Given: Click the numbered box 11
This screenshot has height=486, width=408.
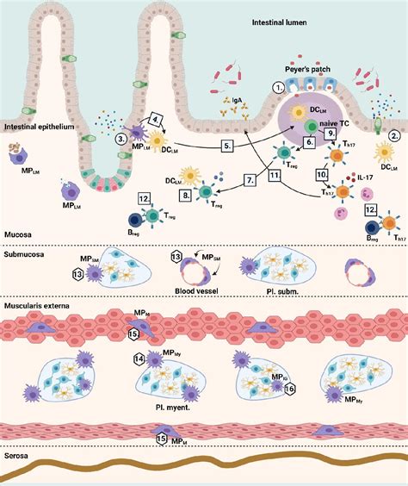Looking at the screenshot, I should click(x=275, y=175).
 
